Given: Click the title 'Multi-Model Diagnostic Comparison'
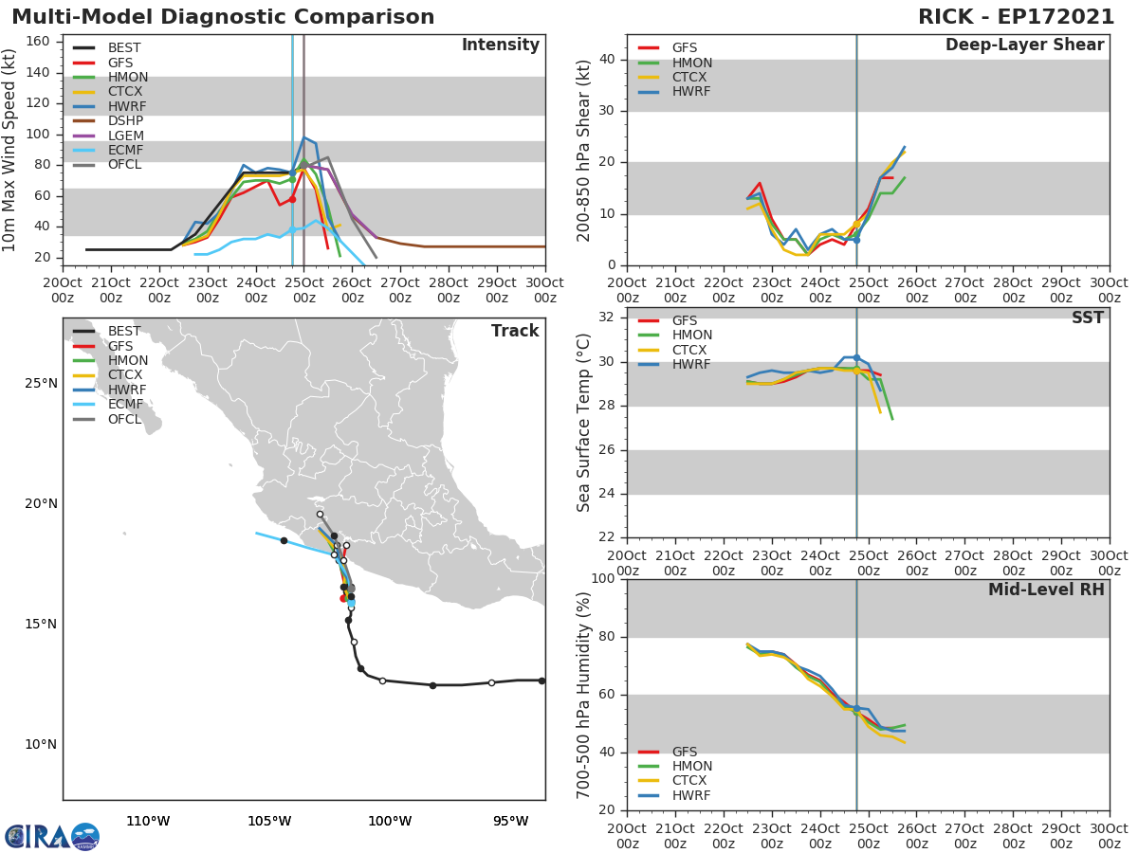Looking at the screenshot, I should pyautogui.click(x=223, y=17).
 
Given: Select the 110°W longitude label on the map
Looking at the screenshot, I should pyautogui.click(x=148, y=821).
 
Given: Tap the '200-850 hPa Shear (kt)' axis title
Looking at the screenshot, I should pyautogui.click(x=584, y=150).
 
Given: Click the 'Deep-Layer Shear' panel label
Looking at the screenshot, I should pyautogui.click(x=1024, y=45).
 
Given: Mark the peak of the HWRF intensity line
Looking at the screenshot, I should pyautogui.click(x=304, y=137).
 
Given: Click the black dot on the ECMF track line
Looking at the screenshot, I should pyautogui.click(x=284, y=540).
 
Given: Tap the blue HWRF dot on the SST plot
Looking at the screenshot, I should pyautogui.click(x=856, y=357).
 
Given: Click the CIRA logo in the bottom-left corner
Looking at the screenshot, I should pyautogui.click(x=51, y=836).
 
